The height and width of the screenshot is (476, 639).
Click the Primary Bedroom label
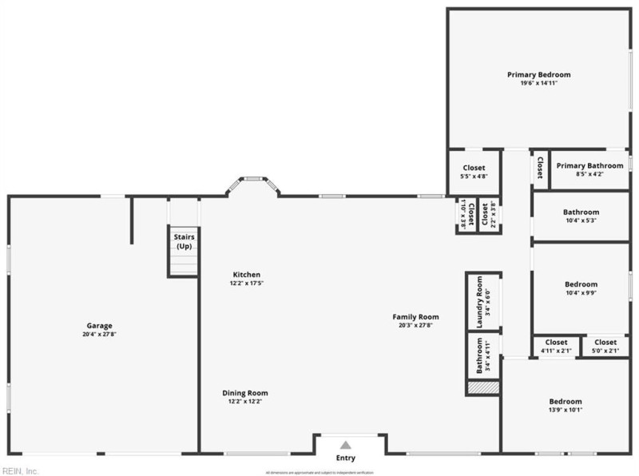[539, 74]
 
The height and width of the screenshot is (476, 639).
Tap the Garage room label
[100, 325]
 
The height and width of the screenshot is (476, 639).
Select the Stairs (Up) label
[184, 241]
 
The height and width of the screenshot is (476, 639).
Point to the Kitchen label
[246, 275]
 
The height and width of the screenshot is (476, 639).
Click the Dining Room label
[245, 393]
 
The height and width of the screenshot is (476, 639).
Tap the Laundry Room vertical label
[479, 301]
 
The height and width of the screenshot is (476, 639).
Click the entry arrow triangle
[345, 445]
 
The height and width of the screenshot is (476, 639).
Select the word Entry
[345, 458]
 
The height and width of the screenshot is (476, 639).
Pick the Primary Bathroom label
[589, 165]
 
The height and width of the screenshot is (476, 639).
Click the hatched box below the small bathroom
[483, 387]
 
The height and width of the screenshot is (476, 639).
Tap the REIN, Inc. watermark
[21, 470]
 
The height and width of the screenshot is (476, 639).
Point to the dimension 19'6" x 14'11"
[539, 83]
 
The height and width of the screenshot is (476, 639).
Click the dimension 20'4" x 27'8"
[100, 334]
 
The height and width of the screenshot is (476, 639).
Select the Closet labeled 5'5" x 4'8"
[474, 168]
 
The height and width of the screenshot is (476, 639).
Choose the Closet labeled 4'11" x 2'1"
[556, 342]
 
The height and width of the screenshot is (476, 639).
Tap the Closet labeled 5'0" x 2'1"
[605, 342]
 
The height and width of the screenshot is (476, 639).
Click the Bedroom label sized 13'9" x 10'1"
[565, 401]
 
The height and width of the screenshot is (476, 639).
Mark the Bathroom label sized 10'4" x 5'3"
[581, 212]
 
